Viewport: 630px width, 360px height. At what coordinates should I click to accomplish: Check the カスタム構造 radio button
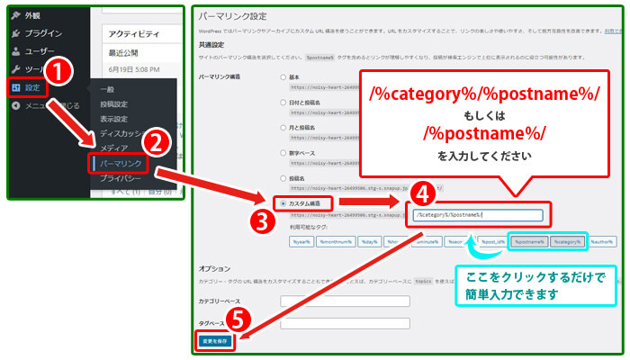pyautogui.click(x=284, y=203)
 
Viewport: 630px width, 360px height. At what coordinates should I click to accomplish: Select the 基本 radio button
pyautogui.click(x=284, y=76)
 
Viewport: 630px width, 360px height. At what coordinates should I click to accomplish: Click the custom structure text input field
pyautogui.click(x=477, y=215)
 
